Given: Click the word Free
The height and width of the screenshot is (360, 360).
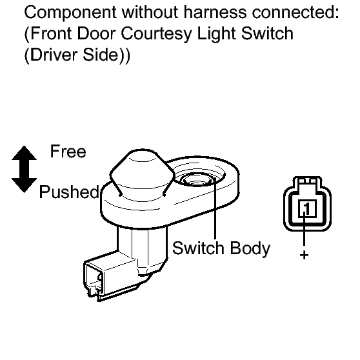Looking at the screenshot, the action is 68,152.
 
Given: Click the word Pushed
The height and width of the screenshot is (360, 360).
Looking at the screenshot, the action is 69,192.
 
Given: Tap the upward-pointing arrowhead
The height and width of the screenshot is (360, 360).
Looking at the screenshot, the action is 24,153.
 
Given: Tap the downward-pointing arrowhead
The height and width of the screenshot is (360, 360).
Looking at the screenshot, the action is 24,185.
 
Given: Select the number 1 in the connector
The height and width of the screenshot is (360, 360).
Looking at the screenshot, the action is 307,208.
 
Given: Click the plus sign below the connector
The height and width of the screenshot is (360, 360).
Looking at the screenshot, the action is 305,255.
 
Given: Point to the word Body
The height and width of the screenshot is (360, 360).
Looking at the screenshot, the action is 250,249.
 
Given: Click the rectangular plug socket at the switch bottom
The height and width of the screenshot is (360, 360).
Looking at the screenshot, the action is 94,279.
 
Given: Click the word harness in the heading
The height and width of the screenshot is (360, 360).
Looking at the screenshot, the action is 215,12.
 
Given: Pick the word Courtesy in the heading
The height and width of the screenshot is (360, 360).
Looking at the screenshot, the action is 156,34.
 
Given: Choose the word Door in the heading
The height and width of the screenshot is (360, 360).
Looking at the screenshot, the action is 96,34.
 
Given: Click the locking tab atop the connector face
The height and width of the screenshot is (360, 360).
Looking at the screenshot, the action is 308,181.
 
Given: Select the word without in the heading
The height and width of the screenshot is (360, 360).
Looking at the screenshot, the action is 150,12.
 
